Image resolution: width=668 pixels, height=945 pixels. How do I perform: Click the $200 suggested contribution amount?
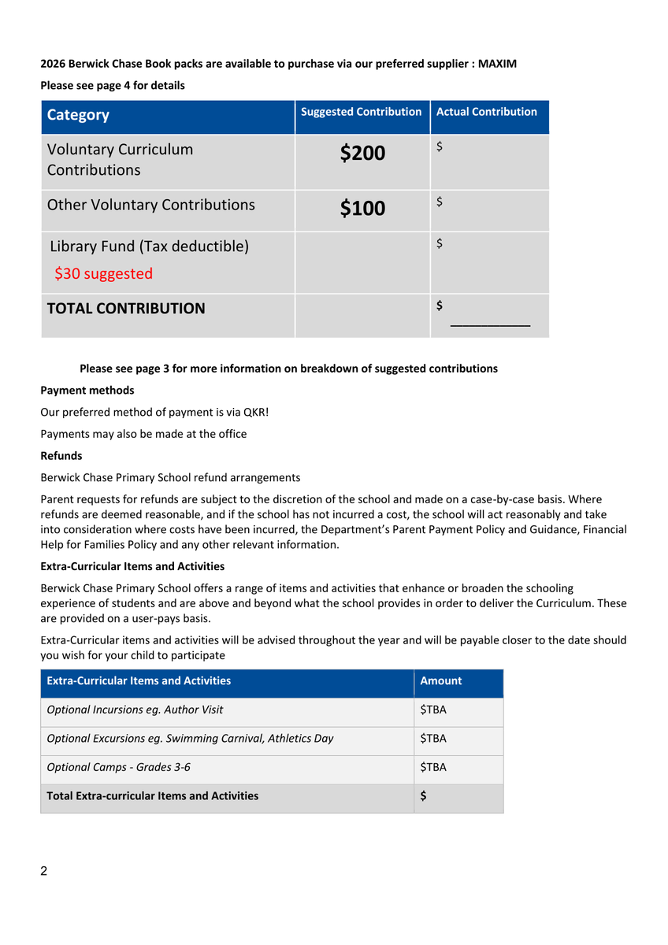point(362,153)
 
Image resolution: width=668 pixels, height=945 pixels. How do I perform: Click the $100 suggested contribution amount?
point(362,208)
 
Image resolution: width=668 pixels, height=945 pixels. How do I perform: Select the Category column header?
point(78,115)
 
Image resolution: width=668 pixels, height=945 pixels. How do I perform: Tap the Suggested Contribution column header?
point(362,112)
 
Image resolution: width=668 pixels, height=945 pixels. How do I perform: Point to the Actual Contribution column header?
point(486,112)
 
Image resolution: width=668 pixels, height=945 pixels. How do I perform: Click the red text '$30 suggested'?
point(103,274)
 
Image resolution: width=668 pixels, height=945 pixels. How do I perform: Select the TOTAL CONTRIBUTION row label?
point(126,309)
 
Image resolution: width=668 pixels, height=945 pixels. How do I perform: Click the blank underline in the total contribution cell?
point(490,323)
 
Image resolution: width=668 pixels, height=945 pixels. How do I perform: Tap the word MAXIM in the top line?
point(498,64)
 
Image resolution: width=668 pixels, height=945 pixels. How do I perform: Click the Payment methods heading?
point(87,391)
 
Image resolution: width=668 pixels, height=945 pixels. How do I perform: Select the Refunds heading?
point(61,456)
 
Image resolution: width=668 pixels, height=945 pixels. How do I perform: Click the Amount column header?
point(441,681)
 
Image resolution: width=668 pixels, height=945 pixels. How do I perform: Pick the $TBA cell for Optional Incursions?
point(433,710)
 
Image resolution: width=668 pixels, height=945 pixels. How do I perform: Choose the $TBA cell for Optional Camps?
point(433,767)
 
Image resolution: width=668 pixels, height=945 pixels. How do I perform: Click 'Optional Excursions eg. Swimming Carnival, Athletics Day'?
point(190,739)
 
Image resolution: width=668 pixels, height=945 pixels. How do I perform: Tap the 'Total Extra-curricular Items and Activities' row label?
point(153,796)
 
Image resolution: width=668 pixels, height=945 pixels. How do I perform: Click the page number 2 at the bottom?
point(44,871)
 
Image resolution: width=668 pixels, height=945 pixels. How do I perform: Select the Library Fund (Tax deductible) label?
point(149,246)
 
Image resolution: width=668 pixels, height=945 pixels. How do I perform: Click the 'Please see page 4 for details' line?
point(113,85)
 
